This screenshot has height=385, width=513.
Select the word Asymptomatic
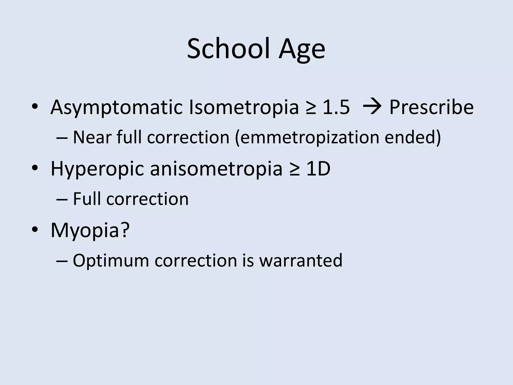coord(116,107)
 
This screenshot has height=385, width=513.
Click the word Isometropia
coord(244,107)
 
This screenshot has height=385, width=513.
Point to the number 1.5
coord(336,107)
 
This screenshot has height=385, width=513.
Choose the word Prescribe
coord(431,107)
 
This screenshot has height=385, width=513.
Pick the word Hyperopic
coord(97,169)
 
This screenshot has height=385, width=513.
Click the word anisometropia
coord(216,169)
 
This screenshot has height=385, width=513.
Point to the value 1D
coord(318,169)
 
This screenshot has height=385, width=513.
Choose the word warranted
coord(301,260)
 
